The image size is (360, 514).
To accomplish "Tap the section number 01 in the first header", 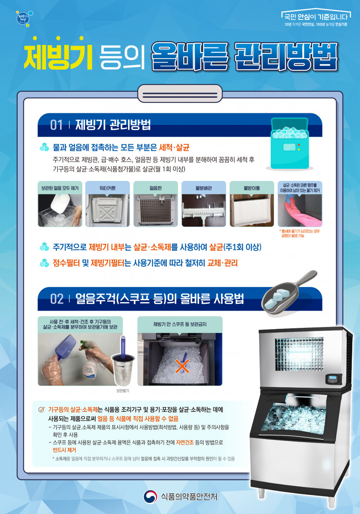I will pos(56,125).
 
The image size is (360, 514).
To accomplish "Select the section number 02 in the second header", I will pos(57,299).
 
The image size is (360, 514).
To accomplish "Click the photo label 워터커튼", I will pos(107,188).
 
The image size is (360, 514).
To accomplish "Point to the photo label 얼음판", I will pos(155,188).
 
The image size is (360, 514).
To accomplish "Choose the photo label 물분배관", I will pos(203,188).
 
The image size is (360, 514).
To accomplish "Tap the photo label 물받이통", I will pos(251,188).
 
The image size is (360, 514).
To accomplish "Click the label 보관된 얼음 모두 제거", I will pos(59,188).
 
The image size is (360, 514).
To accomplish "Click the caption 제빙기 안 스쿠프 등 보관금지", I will pos(179,324).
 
